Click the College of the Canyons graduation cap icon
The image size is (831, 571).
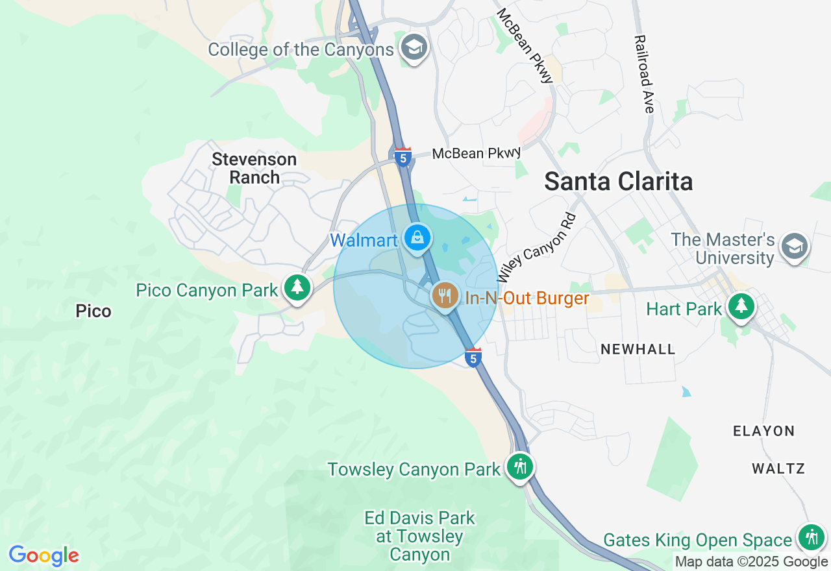[414, 47]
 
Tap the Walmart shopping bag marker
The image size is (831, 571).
[417, 238]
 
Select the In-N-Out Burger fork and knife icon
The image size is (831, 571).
[445, 296]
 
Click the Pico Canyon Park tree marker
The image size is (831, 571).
[297, 287]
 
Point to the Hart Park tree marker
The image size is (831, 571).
[741, 306]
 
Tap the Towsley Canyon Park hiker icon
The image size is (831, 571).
[519, 466]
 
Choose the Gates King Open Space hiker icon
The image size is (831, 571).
[811, 537]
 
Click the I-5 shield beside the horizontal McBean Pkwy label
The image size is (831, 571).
[403, 157]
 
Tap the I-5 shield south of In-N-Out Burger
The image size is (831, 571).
[474, 358]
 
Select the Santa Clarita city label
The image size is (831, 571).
[618, 182]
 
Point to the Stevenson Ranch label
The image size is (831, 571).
[254, 168]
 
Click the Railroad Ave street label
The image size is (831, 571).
[644, 74]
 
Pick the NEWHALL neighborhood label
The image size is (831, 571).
[638, 349]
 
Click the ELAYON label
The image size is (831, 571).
[763, 431]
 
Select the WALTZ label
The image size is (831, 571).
[778, 468]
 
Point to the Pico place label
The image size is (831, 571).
[93, 311]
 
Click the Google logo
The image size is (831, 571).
[44, 555]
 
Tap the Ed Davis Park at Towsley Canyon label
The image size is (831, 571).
[420, 536]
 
